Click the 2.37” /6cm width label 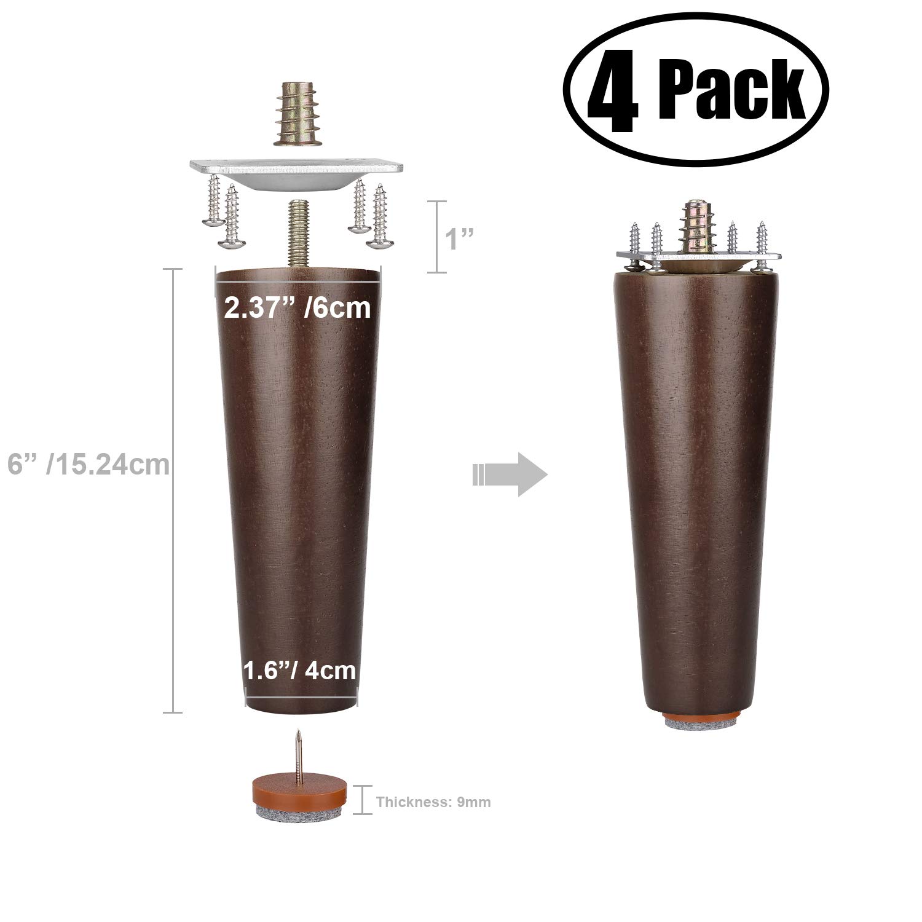point(297,307)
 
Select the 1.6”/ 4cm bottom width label point(300,669)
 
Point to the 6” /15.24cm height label point(88,465)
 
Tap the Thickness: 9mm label point(433,802)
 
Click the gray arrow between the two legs point(510,474)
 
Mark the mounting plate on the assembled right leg point(698,258)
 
